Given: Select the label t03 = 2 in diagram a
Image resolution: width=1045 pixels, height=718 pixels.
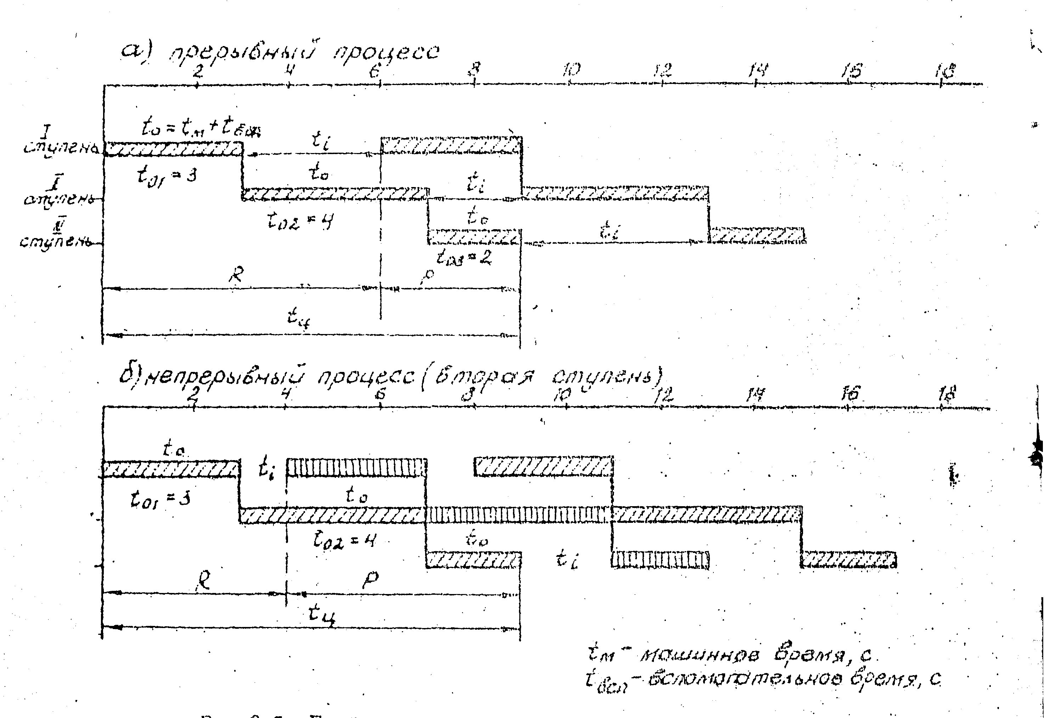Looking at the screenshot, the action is coord(463,258).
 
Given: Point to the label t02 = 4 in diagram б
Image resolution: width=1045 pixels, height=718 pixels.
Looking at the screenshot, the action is coord(344,541).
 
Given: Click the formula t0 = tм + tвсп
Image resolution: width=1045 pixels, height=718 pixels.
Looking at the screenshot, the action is coord(200,129).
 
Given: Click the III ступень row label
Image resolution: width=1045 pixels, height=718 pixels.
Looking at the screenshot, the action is coord(56,236).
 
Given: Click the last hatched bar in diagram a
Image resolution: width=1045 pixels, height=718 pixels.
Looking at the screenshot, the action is coord(757,235).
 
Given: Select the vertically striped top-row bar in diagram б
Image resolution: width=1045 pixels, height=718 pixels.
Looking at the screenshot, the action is coord(356,468).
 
